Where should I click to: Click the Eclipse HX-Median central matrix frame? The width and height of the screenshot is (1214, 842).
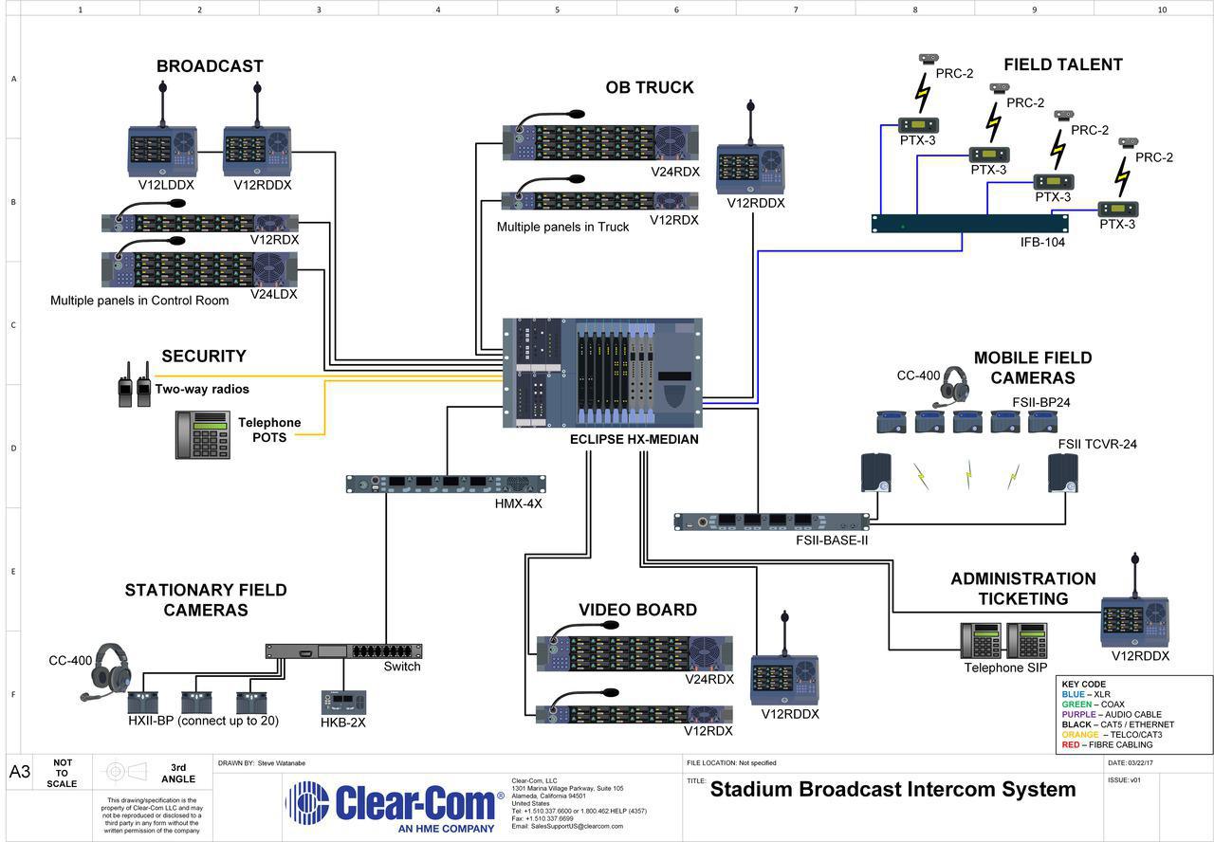[x=602, y=374]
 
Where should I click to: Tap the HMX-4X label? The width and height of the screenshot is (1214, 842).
[x=518, y=503]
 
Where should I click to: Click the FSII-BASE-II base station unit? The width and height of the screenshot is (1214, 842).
[x=772, y=522]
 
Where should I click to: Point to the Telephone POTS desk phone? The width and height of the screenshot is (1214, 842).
[x=203, y=435]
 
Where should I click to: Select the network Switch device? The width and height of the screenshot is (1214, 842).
[x=343, y=650]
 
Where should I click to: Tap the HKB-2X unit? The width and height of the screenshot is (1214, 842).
[x=343, y=703]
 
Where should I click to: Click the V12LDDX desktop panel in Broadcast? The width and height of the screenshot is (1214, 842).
[x=162, y=151]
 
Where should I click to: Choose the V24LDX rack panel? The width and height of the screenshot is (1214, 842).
[x=199, y=269]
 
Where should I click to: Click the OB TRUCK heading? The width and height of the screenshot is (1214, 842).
[x=650, y=88]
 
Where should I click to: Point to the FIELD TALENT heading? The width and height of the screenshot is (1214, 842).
[x=1062, y=65]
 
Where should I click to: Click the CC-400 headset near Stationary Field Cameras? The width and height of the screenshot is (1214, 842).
[x=106, y=670]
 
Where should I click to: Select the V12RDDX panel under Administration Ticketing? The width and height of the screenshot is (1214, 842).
[x=1134, y=623]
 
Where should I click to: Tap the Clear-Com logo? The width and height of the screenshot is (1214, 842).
[x=395, y=806]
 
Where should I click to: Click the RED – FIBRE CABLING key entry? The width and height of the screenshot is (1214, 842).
[x=1107, y=745]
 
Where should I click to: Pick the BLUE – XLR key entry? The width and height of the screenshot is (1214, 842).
[x=1086, y=695]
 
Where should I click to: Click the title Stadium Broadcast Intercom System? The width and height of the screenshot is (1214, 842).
[x=892, y=790]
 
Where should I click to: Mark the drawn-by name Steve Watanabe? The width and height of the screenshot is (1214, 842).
[x=282, y=763]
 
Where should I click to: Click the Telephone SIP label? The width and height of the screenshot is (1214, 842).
[x=1004, y=668]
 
